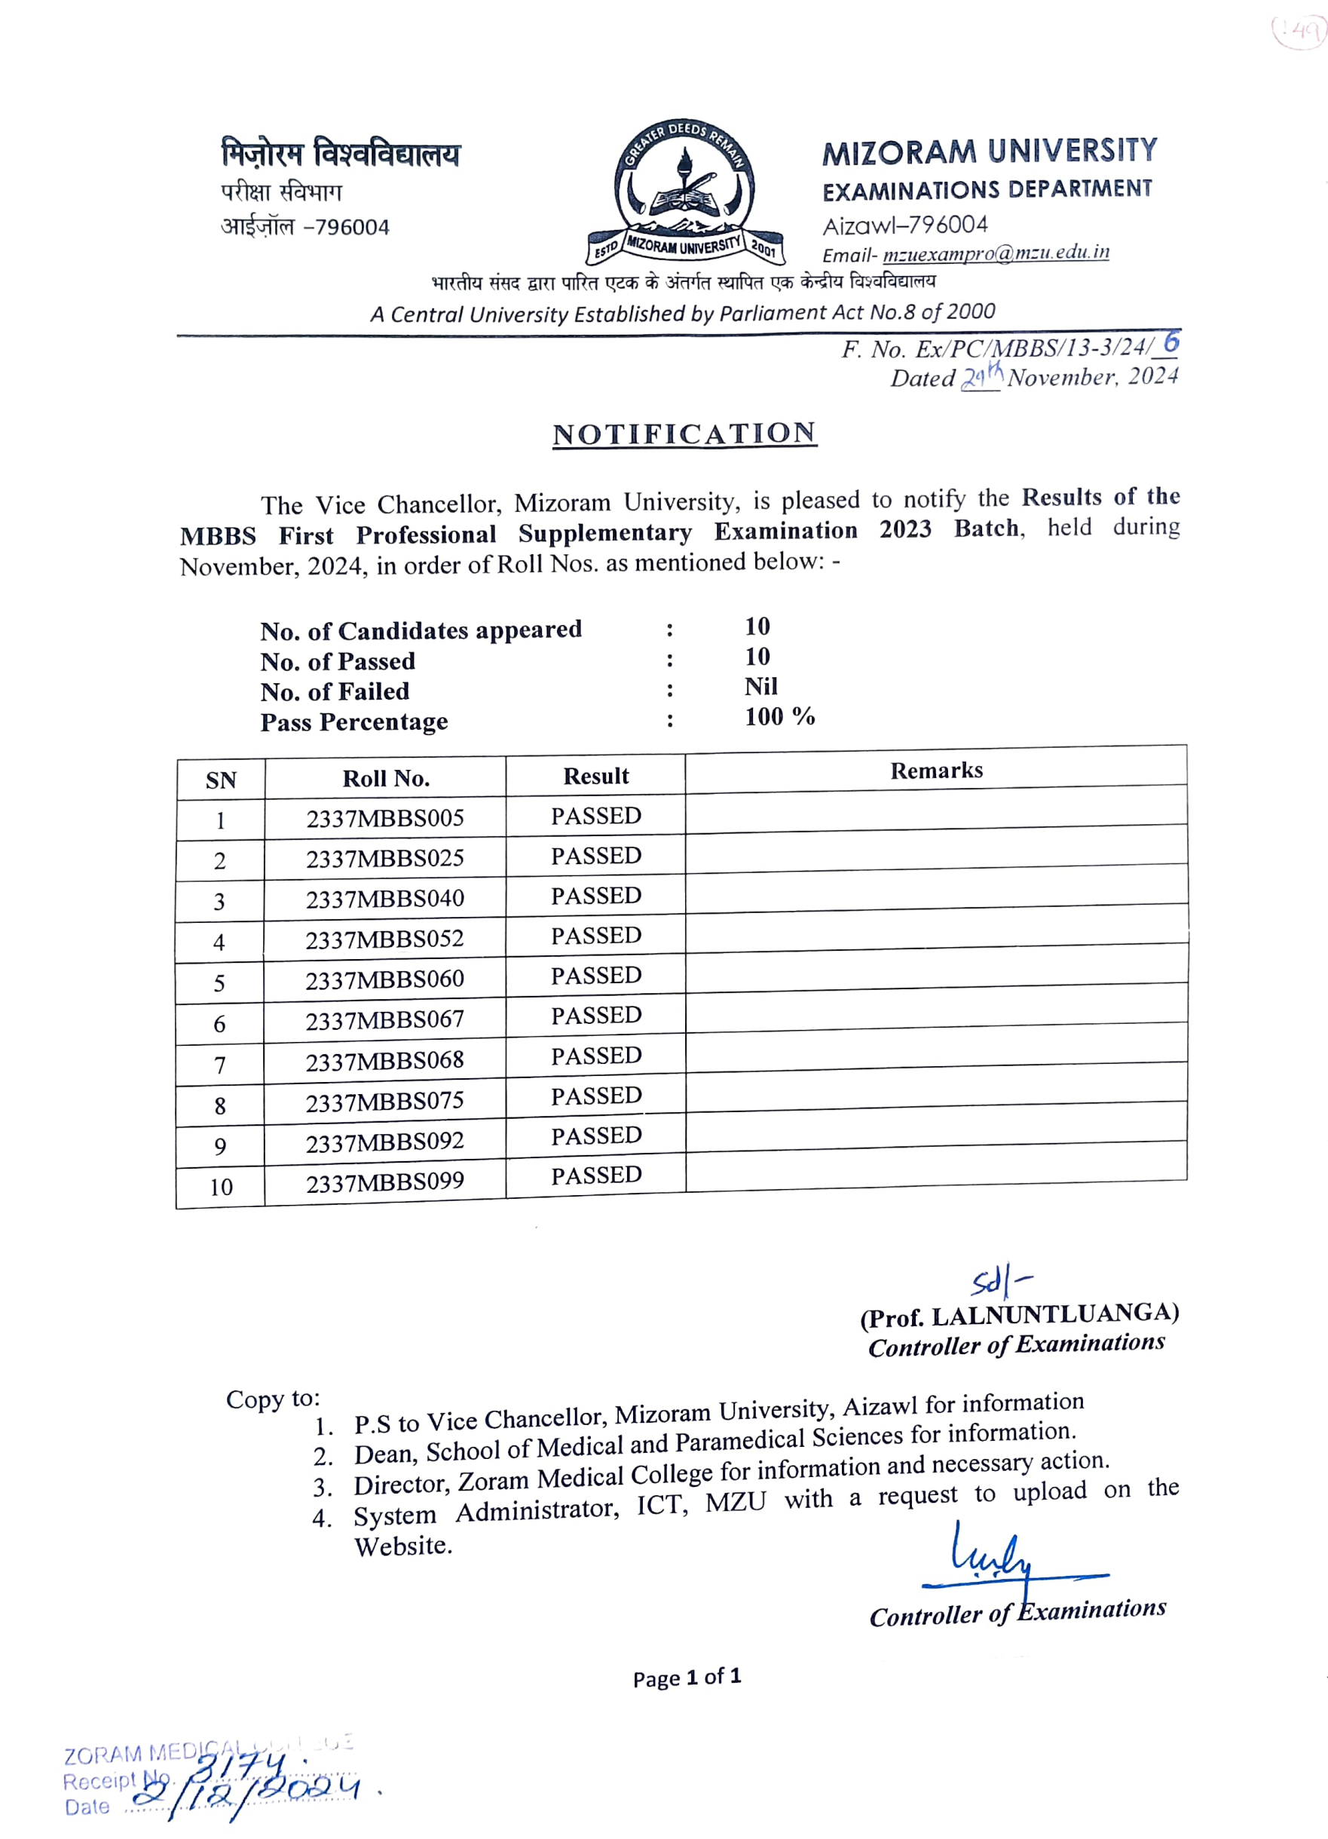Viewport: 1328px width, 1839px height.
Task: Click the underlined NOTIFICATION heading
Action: (x=684, y=434)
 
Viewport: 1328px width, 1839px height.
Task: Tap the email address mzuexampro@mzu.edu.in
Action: (x=995, y=253)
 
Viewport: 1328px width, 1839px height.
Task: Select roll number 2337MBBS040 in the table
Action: (x=384, y=899)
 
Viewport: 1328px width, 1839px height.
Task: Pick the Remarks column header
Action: (x=935, y=771)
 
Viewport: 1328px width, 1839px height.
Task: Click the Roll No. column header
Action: (x=385, y=778)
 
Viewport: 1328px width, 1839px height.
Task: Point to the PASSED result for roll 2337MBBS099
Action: (x=596, y=1175)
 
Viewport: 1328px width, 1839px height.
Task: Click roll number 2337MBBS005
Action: (x=384, y=818)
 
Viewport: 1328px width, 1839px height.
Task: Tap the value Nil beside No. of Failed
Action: (x=760, y=687)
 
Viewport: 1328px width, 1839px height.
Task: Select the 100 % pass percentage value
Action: (x=779, y=717)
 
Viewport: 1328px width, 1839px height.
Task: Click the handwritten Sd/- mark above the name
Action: (x=999, y=1281)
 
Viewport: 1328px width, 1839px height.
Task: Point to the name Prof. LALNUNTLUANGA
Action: (x=1019, y=1315)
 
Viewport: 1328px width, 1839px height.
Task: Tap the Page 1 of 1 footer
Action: (x=687, y=1677)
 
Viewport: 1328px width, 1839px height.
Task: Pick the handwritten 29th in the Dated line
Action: (x=981, y=375)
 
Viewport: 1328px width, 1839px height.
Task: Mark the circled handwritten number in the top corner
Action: (x=1298, y=31)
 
